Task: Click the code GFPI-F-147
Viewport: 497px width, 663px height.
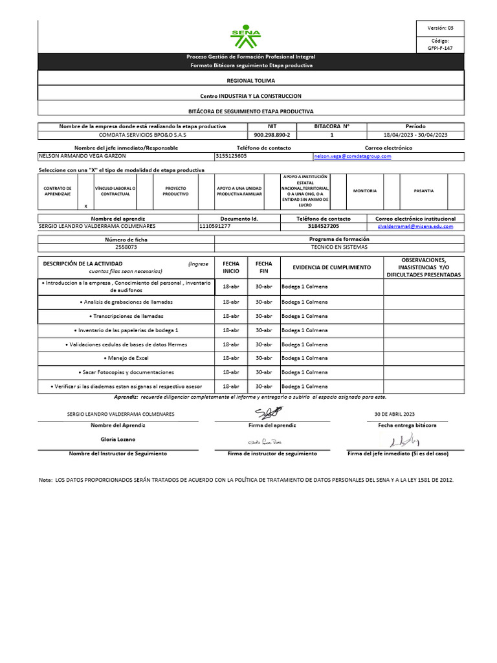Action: tap(440, 48)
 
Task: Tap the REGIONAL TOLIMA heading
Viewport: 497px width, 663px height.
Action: tap(250, 80)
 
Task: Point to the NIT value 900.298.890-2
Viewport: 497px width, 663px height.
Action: tap(272, 135)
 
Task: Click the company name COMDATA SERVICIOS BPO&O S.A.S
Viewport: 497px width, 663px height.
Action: tap(142, 135)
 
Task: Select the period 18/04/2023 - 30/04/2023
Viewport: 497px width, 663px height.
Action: tap(415, 135)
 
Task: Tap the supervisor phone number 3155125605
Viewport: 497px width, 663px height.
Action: tap(232, 157)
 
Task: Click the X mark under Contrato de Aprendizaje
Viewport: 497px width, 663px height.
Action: tap(85, 206)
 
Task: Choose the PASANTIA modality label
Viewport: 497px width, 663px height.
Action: tap(424, 191)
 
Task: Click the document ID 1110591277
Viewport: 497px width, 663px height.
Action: tap(215, 227)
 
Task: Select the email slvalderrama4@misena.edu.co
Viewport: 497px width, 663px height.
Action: tap(415, 227)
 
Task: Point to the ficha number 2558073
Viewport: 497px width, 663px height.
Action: tap(126, 247)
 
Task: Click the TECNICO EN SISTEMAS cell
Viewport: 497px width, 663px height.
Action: tap(339, 247)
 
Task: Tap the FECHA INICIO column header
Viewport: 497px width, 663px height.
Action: tap(231, 267)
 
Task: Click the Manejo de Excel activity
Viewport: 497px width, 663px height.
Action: tap(126, 358)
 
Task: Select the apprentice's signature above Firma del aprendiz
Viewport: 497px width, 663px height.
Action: tap(269, 413)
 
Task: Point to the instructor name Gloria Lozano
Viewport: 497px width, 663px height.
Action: tap(118, 439)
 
